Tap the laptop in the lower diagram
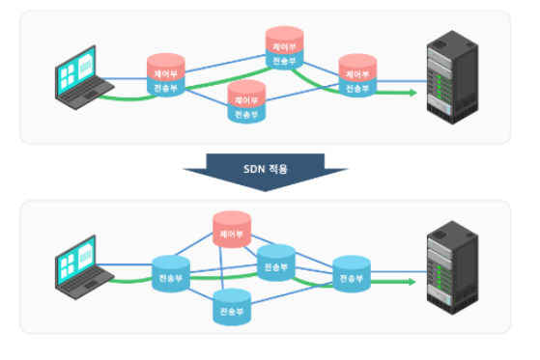point(83,264)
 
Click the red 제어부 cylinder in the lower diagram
point(232,232)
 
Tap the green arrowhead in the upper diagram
point(412,93)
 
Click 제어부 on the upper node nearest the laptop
point(166,71)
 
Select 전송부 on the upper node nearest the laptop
point(166,88)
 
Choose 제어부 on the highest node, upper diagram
point(285,44)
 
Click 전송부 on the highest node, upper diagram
point(285,60)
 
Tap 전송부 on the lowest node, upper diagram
point(246,114)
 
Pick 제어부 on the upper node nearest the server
point(357,71)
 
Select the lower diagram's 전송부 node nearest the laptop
point(172,277)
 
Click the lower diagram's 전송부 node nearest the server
point(352,277)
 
